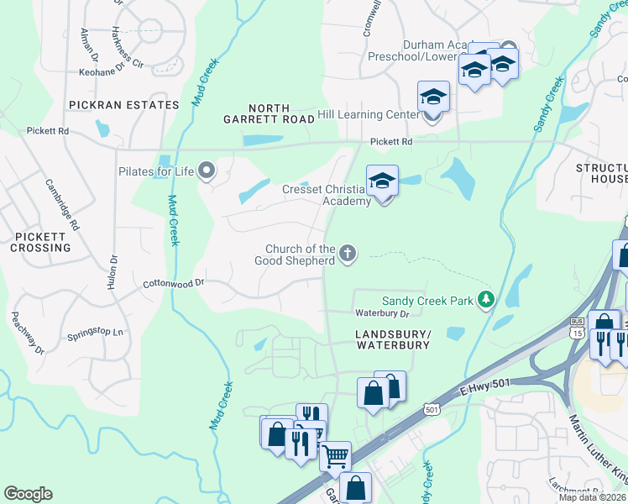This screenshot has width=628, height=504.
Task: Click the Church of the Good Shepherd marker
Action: click(348, 253)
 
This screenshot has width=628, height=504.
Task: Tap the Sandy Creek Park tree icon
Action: click(484, 300)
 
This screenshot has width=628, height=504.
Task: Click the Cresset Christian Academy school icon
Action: click(382, 181)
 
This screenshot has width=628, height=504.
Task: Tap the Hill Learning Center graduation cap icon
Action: click(434, 97)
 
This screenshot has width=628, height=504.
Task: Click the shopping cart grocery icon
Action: click(335, 457)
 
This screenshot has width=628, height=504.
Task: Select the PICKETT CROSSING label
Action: click(40, 243)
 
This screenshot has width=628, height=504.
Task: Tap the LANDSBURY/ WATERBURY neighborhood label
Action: click(388, 339)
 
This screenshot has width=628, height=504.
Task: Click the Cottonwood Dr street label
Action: click(174, 284)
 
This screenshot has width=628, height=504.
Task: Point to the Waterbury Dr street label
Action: click(381, 313)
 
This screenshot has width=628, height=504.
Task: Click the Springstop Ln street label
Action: click(95, 333)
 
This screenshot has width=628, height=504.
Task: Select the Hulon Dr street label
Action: click(111, 272)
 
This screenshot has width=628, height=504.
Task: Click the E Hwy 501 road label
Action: click(484, 384)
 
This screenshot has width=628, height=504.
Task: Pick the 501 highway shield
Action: click(432, 409)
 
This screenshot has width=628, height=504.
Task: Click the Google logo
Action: click(28, 494)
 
